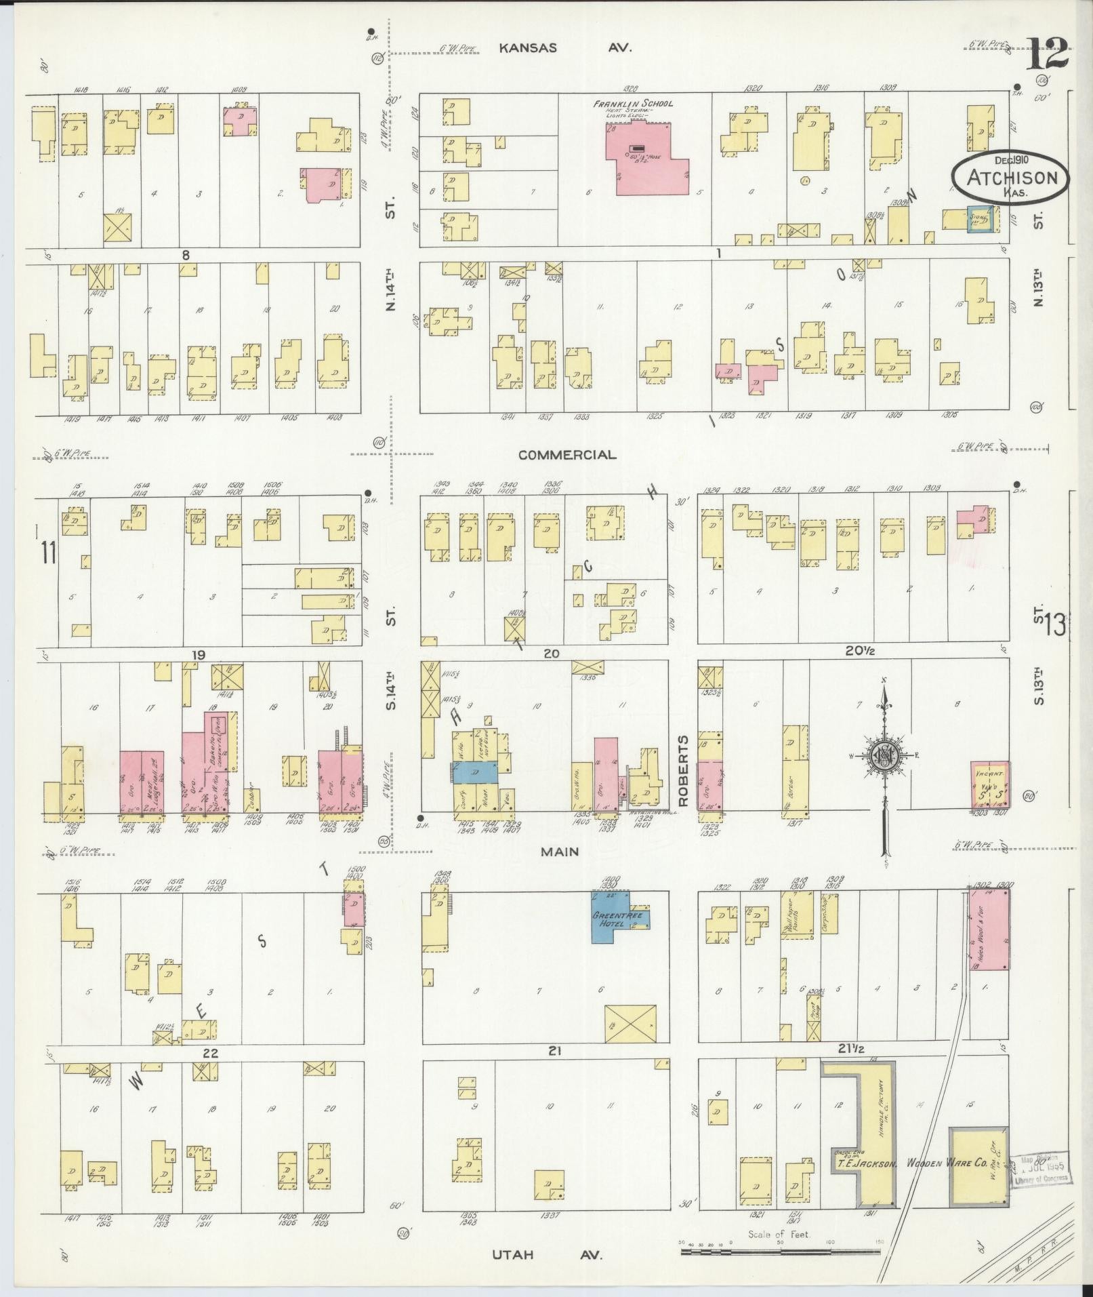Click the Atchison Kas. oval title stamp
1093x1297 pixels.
click(1010, 178)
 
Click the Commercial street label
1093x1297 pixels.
click(567, 455)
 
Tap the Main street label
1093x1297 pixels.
click(560, 852)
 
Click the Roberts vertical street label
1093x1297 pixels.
click(683, 771)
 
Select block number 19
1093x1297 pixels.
click(198, 656)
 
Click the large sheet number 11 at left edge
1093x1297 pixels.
click(47, 553)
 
